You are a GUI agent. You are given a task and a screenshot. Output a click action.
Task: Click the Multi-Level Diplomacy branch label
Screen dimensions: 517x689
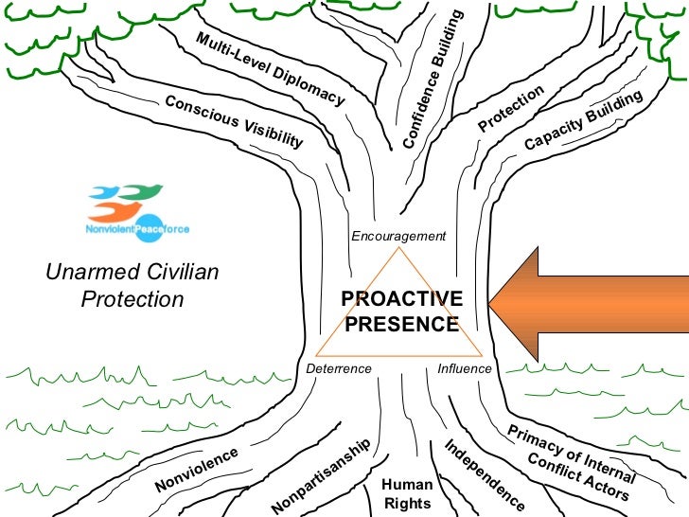[270, 68]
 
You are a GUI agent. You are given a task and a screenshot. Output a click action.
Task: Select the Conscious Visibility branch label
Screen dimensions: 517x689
[234, 121]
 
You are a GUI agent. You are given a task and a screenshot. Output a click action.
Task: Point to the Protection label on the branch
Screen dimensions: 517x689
[511, 109]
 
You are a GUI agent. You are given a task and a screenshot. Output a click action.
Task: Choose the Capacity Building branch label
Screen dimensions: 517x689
[583, 120]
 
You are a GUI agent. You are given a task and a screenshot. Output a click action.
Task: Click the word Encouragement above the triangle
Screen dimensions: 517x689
[397, 236]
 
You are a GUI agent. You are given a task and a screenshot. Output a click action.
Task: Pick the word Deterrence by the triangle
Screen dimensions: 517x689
[340, 368]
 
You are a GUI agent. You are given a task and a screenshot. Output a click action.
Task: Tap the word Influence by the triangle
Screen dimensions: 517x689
[465, 368]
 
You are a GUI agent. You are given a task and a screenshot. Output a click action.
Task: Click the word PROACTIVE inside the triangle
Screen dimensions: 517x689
[401, 299]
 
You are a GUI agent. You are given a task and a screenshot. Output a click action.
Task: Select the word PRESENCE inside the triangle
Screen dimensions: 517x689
[401, 324]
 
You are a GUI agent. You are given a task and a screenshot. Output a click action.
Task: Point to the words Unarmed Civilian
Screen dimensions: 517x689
[132, 273]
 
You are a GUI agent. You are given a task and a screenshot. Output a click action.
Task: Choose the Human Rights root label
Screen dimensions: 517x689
[407, 494]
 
